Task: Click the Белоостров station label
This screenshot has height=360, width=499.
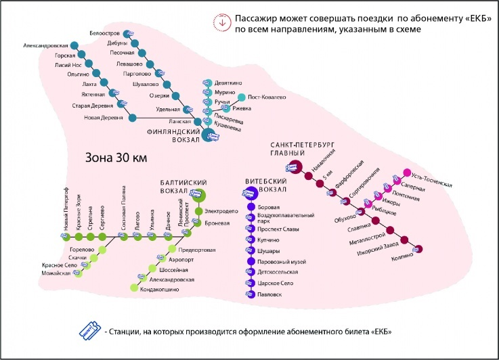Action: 105,33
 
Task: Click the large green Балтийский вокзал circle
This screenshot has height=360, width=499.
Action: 199,196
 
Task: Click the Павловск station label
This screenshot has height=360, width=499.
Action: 269,294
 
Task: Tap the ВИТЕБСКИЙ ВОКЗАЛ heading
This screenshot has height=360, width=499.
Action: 265,187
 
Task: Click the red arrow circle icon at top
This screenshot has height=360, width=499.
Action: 219,21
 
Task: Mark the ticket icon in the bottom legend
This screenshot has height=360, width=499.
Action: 88,331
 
